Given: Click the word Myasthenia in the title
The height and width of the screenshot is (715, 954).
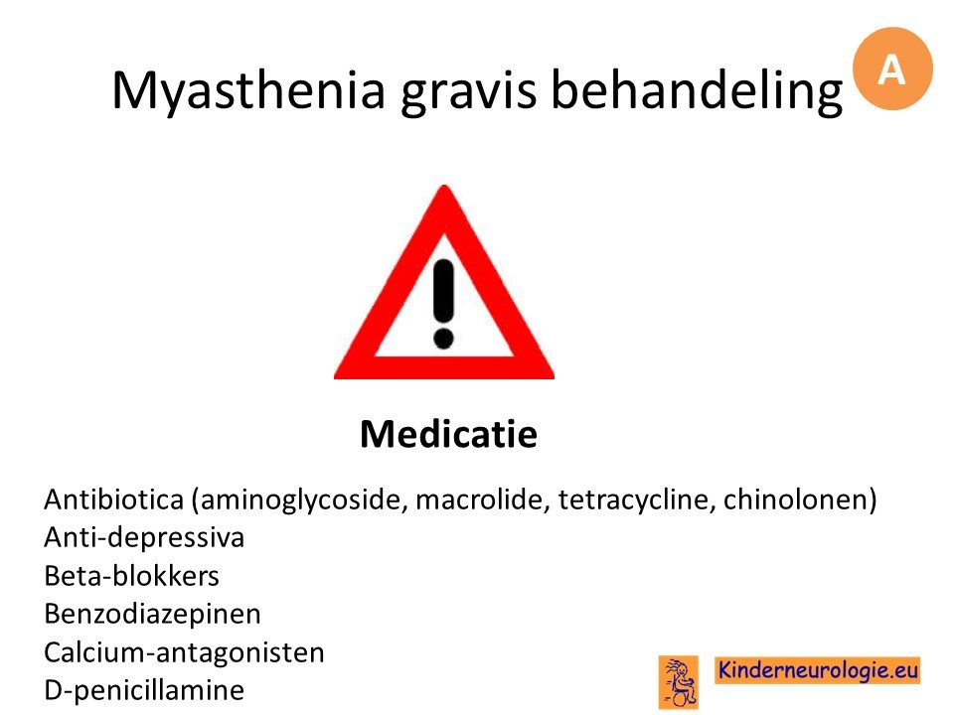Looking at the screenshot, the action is (248, 90).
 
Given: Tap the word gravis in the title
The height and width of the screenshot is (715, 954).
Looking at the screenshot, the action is (468, 91).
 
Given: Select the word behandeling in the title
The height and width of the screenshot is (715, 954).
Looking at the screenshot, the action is (698, 90).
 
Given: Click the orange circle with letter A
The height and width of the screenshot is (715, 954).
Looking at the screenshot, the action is (892, 69).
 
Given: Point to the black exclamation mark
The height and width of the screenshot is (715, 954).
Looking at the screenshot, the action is (443, 304).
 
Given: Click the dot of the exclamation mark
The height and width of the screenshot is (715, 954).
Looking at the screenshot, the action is (443, 339).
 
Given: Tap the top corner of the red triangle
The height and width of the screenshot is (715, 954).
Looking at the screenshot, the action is (445, 186).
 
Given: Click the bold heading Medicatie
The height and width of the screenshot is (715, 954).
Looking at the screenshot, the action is (448, 434).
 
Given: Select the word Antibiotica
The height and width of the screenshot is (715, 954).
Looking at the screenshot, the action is (113, 500).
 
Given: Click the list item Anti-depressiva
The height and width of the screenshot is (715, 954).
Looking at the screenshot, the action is (144, 538).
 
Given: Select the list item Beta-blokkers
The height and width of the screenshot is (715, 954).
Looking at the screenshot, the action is (131, 576).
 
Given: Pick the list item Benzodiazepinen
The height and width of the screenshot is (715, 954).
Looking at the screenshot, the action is (152, 614).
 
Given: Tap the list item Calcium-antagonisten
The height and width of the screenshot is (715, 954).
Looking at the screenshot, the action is (184, 652).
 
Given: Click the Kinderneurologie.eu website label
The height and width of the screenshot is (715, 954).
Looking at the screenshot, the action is (818, 670).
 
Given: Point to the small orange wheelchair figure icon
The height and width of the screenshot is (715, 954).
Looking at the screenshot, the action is (679, 682).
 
